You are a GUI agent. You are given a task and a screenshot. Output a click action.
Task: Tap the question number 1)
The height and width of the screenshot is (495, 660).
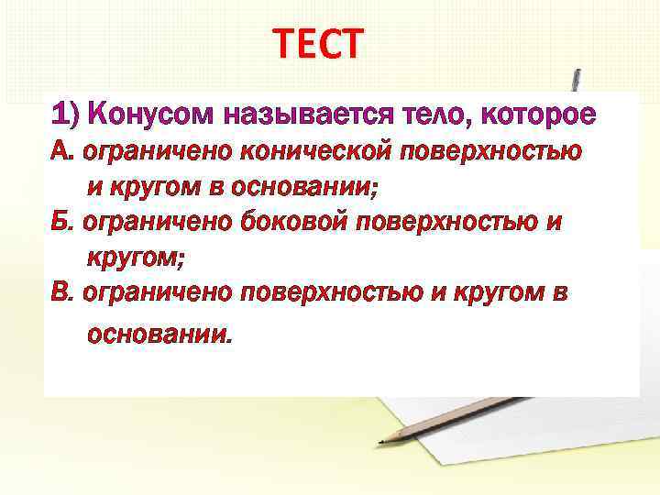point(68,116)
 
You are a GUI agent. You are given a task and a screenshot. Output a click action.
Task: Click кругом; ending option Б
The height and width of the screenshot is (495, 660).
point(135,258)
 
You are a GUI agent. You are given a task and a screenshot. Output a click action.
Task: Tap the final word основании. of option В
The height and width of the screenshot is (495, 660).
point(159,335)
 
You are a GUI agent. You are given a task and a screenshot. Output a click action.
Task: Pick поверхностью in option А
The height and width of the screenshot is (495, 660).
point(496,152)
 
